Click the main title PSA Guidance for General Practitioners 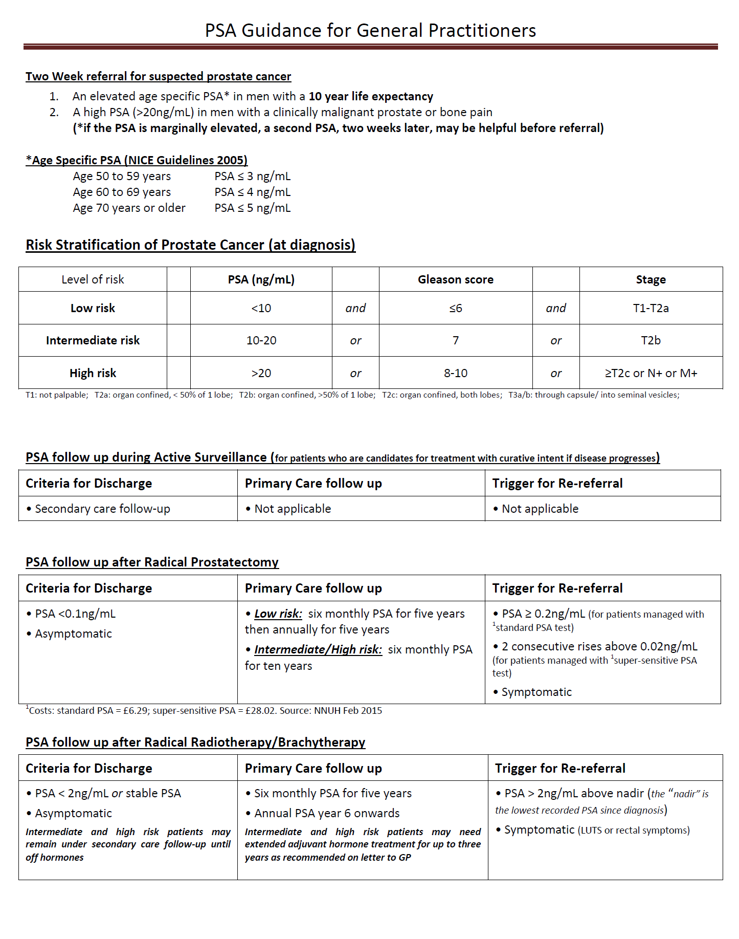click(x=370, y=31)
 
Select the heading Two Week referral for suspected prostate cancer click(x=158, y=77)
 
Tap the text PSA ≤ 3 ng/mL click(x=253, y=177)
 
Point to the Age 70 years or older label click(x=129, y=208)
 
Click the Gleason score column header click(x=455, y=280)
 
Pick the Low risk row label click(x=93, y=308)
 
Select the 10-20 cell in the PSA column click(x=261, y=340)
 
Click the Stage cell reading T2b click(x=651, y=340)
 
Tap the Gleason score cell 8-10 click(x=455, y=374)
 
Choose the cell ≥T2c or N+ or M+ click(x=651, y=374)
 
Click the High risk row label click(x=93, y=374)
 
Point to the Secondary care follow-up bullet click(x=102, y=509)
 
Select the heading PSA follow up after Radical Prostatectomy click(x=152, y=562)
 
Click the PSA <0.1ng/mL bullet click(x=75, y=614)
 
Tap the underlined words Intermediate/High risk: click(x=318, y=650)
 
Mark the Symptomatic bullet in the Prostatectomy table click(x=536, y=692)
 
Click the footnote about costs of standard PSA click(x=205, y=711)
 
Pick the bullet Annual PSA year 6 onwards click(x=326, y=814)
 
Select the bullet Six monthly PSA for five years click(x=332, y=794)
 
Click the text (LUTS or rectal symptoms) click(x=634, y=831)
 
